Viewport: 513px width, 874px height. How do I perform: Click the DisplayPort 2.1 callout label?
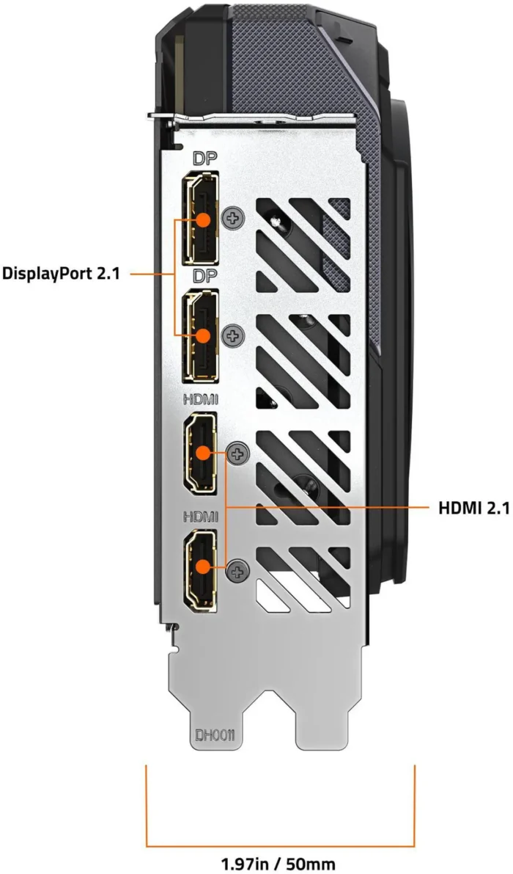click(61, 274)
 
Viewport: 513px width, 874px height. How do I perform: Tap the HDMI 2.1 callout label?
click(474, 509)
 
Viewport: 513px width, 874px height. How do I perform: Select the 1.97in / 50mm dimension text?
click(278, 864)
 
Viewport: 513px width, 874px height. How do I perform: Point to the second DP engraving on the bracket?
click(203, 277)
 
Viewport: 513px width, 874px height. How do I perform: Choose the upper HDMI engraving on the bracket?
click(201, 399)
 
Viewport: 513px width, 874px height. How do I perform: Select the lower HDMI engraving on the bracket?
click(201, 517)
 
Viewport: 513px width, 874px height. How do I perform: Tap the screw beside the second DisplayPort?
click(233, 335)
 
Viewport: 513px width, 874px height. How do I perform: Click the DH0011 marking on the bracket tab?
click(214, 736)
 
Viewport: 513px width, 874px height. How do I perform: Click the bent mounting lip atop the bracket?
click(251, 117)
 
